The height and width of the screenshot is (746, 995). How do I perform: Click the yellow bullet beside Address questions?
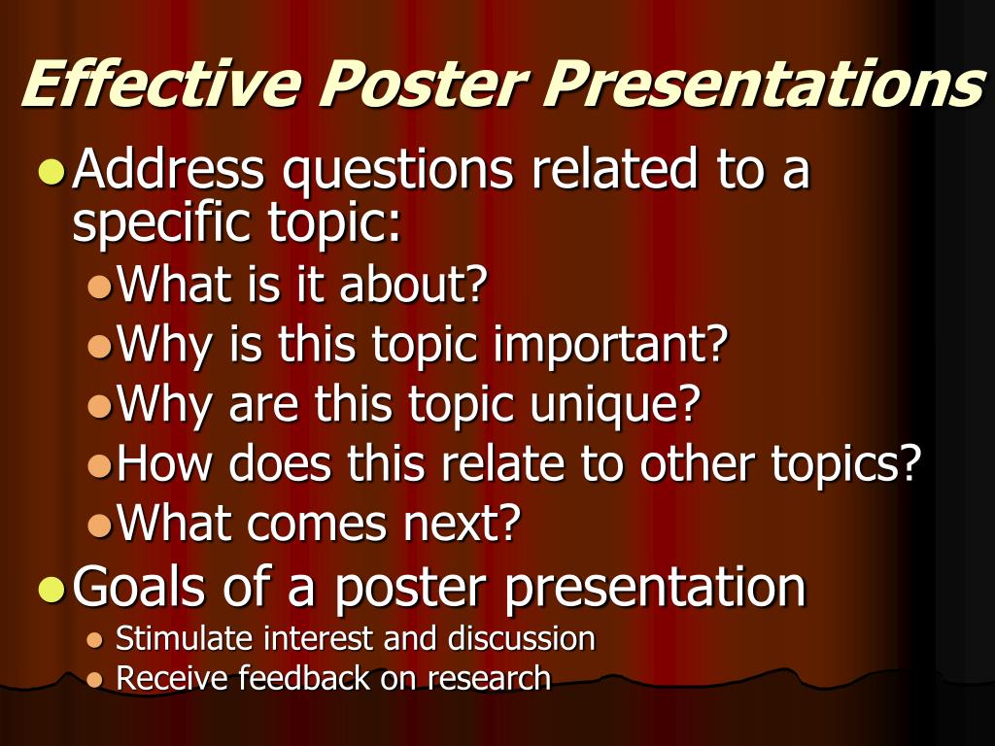tap(51, 171)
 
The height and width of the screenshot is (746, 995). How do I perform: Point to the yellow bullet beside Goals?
tap(51, 588)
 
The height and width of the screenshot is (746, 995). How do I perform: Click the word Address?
tap(168, 168)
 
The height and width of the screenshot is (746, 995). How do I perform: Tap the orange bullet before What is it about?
tap(100, 288)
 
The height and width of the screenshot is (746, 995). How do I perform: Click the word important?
tap(610, 346)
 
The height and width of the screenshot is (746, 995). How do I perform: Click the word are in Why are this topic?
tap(263, 406)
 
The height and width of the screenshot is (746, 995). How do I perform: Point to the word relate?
tap(502, 463)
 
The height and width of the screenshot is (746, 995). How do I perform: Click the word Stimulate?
tap(184, 639)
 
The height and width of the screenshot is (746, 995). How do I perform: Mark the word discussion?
tap(522, 639)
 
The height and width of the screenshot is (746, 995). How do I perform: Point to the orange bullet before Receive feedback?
tap(94, 680)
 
